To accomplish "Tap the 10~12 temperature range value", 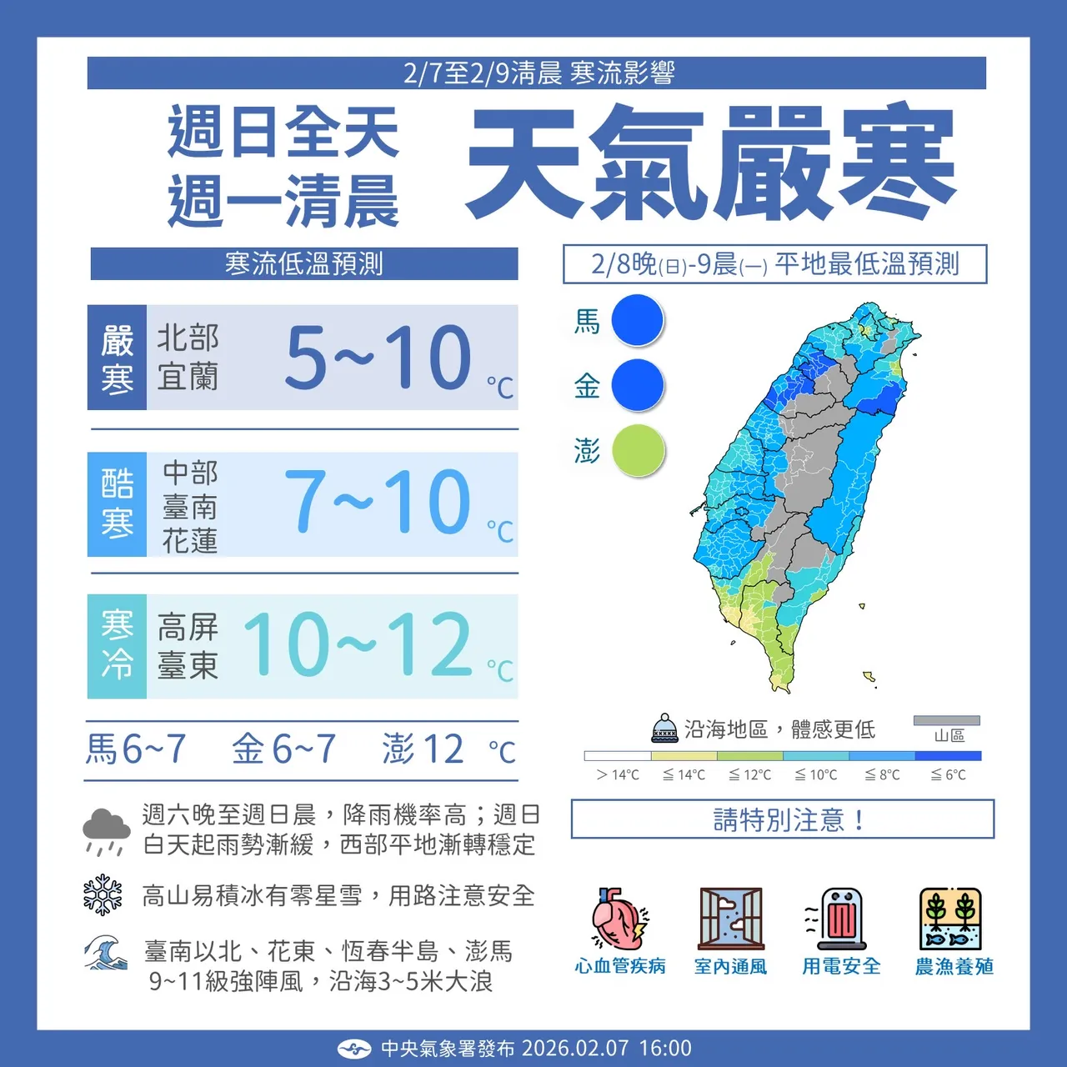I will [358, 644].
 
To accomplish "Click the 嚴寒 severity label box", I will [118, 358].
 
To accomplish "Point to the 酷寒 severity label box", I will [118, 504].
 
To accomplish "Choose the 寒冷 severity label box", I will [118, 646].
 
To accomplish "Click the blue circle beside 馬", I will [638, 320].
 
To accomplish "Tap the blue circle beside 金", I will [638, 385].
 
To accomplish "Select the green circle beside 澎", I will [639, 451].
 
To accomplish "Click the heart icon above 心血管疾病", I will [619, 919].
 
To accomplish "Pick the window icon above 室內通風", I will [731, 919].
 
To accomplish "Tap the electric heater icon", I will [840, 919].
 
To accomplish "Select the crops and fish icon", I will [951, 919].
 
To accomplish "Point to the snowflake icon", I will [103, 894].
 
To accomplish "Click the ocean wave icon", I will [105, 954].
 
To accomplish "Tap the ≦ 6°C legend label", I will [949, 774].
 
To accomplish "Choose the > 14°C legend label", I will [618, 774].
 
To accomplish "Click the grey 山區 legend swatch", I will [947, 721].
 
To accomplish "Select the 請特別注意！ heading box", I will [782, 819].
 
